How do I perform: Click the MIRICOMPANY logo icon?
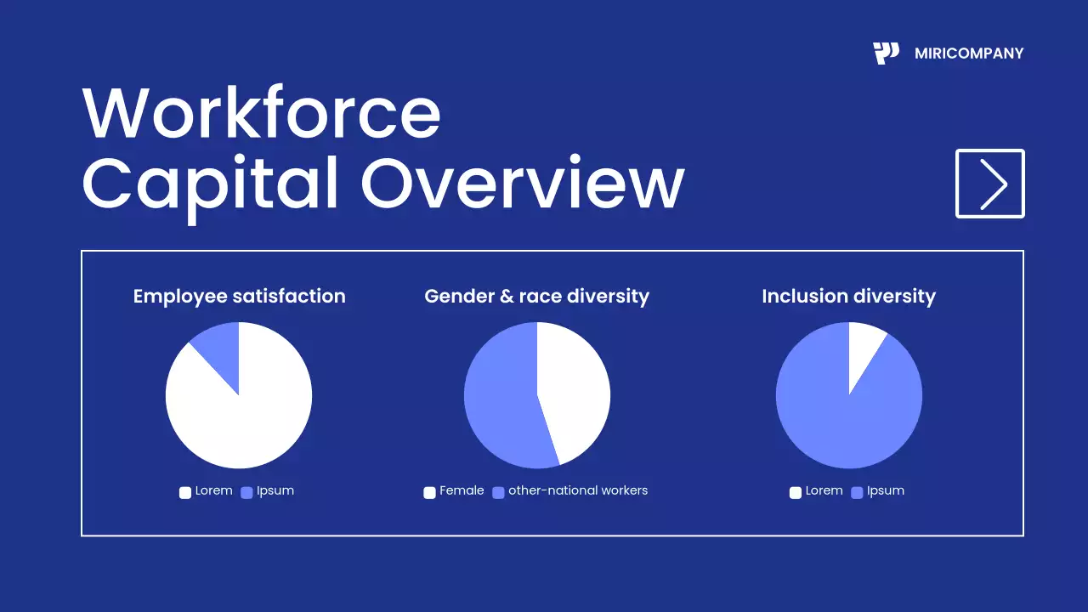click(886, 53)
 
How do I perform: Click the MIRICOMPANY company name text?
click(969, 54)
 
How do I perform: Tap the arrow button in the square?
click(990, 184)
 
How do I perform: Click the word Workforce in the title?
click(262, 113)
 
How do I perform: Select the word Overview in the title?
click(523, 184)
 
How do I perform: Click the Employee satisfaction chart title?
click(239, 297)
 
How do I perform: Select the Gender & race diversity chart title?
click(536, 297)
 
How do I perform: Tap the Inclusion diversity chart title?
click(848, 297)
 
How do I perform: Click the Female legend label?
click(462, 490)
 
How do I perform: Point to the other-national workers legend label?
click(578, 490)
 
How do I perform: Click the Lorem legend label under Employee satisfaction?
click(213, 490)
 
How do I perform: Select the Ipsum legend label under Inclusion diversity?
click(886, 490)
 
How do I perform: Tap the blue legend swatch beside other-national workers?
click(499, 492)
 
